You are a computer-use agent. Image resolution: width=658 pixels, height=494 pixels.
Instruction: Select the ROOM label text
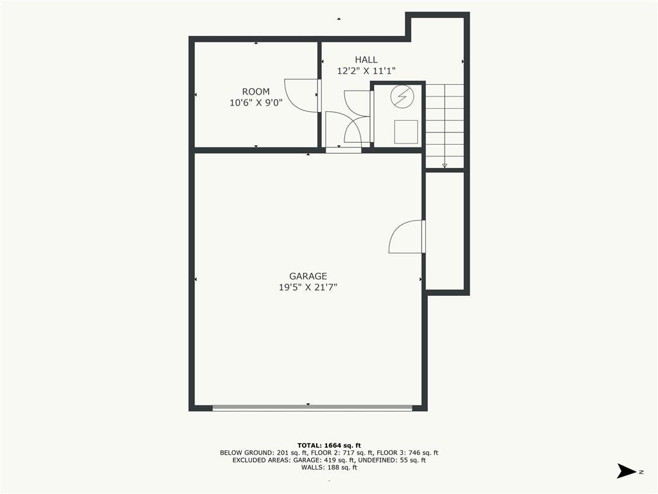256,91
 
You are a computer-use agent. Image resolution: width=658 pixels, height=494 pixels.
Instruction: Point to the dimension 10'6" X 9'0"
256,102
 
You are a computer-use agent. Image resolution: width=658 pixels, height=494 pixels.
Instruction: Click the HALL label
366,60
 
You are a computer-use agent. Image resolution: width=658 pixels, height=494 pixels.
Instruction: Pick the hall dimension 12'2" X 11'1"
371,71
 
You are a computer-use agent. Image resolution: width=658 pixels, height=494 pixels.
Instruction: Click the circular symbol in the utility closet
402,96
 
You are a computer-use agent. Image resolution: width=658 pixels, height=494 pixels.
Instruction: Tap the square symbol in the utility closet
406,132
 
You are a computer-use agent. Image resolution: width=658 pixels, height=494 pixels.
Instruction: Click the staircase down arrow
445,165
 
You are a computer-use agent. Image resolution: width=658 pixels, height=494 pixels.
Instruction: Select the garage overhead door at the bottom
312,407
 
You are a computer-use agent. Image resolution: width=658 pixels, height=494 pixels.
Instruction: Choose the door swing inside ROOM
302,95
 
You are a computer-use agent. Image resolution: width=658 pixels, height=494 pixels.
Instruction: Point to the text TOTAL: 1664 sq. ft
329,445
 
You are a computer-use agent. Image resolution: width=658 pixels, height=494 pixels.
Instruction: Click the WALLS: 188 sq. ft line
329,468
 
